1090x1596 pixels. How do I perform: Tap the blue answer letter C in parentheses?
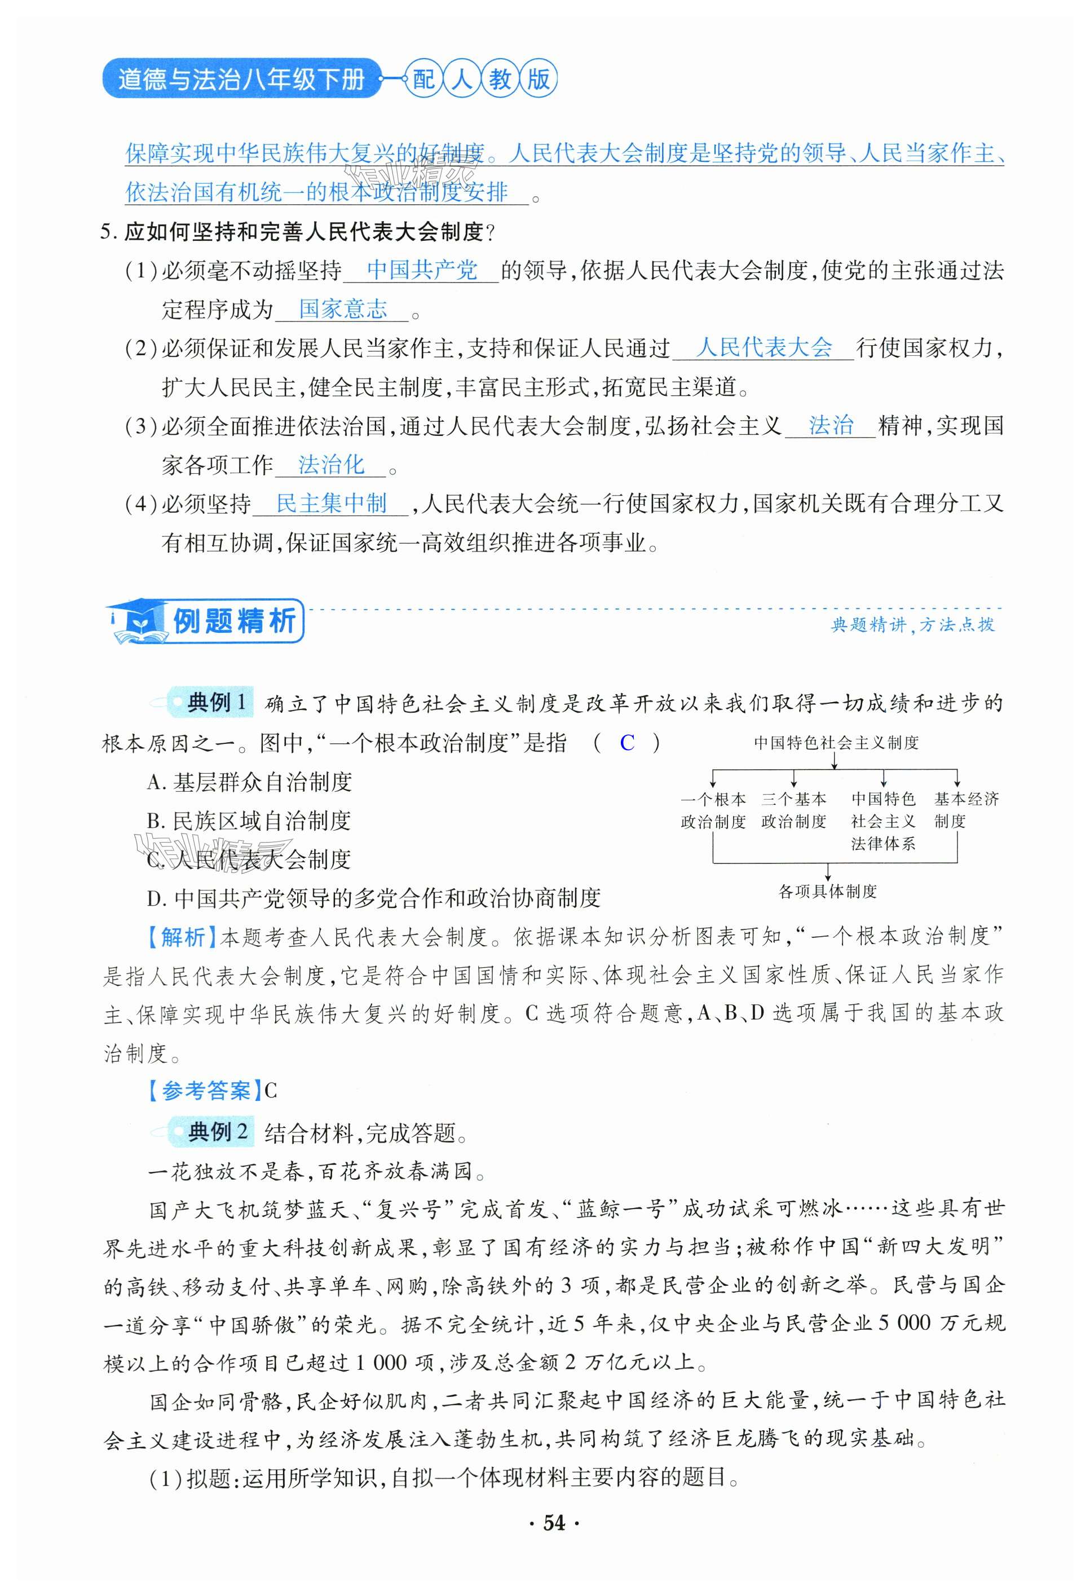tap(626, 742)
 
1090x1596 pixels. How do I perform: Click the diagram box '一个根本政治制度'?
tap(712, 810)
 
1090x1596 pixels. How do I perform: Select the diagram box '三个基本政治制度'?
tap(793, 810)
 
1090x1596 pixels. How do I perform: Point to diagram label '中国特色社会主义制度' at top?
tap(835, 742)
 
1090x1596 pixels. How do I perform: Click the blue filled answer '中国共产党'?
tap(422, 270)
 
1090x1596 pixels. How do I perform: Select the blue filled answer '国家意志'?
tap(343, 309)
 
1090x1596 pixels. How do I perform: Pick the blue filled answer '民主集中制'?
tap(331, 504)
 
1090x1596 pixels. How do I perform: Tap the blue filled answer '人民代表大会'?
tap(763, 347)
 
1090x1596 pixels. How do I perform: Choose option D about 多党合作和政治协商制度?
tap(374, 898)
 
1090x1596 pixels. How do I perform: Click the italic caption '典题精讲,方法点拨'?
tap(912, 624)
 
